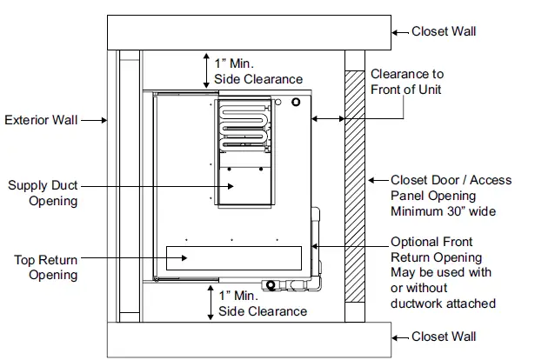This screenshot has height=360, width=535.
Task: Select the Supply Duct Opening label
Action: [x=43, y=193]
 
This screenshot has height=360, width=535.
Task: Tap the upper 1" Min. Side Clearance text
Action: [x=258, y=71]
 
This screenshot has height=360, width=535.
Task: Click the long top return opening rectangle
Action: [x=234, y=257]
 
